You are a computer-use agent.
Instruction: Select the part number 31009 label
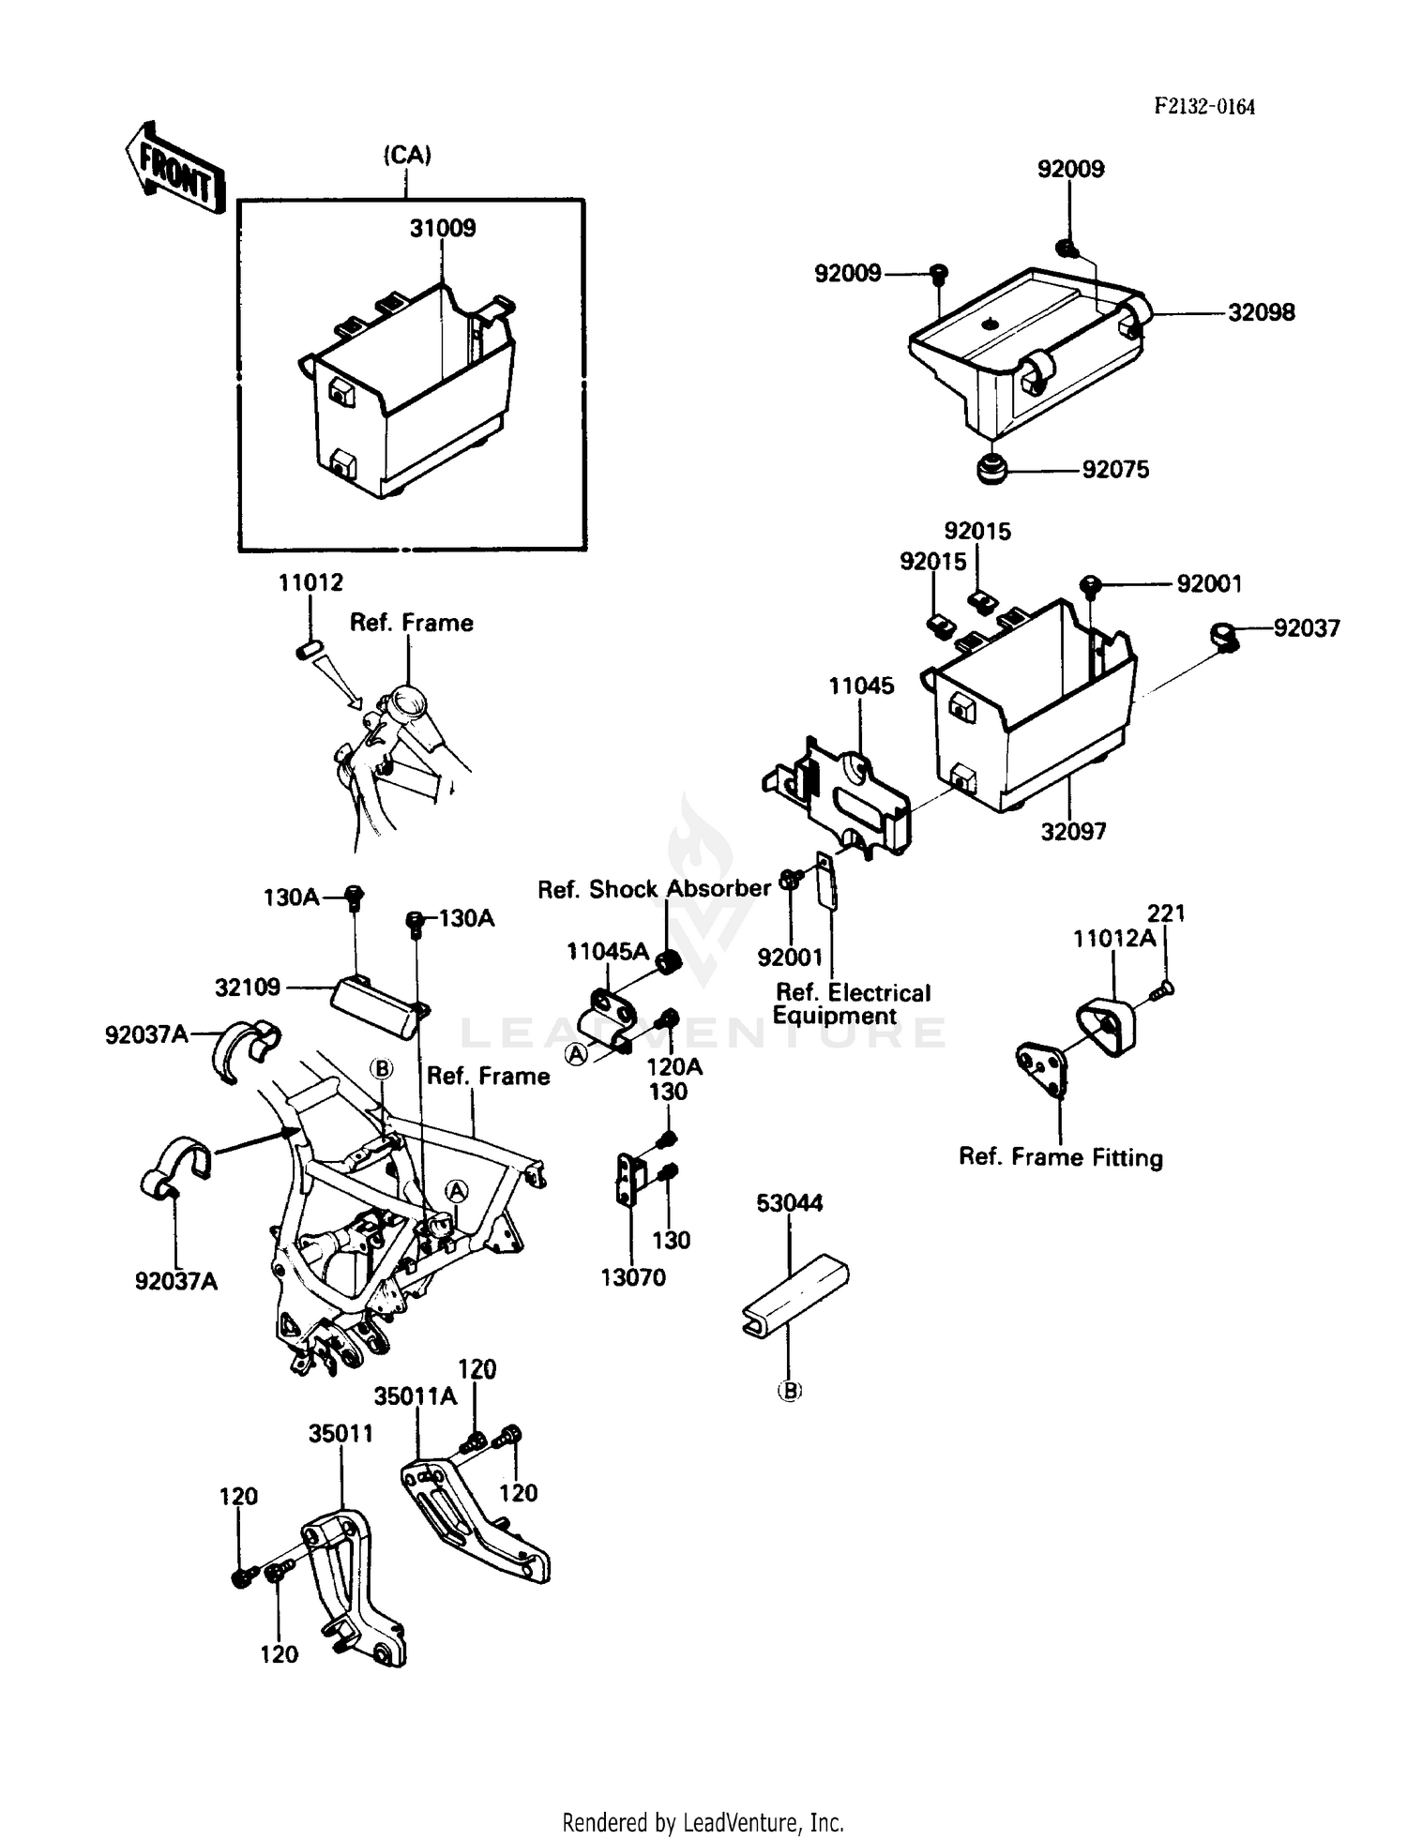443,228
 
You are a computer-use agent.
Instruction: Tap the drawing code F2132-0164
1204,106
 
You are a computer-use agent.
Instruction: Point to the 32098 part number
1262,312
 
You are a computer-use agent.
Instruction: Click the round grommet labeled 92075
991,468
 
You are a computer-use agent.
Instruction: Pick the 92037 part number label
1307,627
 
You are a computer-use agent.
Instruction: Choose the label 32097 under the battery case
1073,831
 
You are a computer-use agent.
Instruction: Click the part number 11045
861,686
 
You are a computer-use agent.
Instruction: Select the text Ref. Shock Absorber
654,888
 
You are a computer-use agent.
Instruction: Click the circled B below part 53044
790,1392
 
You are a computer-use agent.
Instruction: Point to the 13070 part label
633,1276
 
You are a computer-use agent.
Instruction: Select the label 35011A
416,1396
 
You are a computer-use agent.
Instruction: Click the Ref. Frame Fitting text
1061,1157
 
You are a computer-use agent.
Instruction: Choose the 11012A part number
1114,938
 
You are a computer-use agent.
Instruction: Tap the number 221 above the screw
1166,912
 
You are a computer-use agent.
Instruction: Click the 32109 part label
248,987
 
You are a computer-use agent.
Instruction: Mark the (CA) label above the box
407,155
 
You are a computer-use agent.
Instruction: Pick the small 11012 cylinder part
310,648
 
